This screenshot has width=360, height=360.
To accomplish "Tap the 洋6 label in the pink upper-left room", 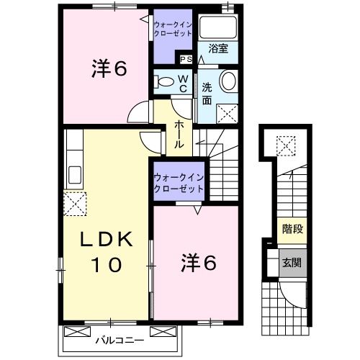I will click(x=109, y=68).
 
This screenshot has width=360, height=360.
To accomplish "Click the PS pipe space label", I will click(x=186, y=60).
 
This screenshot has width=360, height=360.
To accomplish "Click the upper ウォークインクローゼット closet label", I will click(x=173, y=30).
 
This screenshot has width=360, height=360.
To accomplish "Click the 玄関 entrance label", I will click(x=292, y=263).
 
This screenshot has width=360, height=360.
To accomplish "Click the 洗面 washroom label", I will click(x=207, y=94).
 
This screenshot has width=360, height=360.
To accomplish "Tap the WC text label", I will click(x=183, y=81).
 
